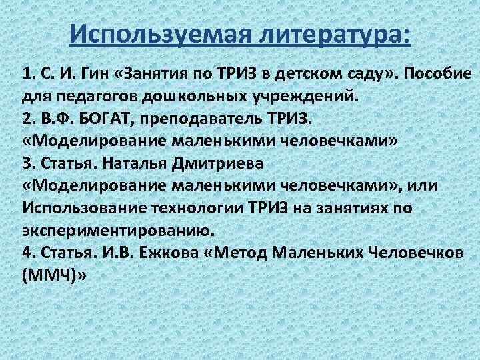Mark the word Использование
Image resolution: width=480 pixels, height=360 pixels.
click(81, 209)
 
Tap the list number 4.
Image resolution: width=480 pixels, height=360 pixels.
click(27, 254)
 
